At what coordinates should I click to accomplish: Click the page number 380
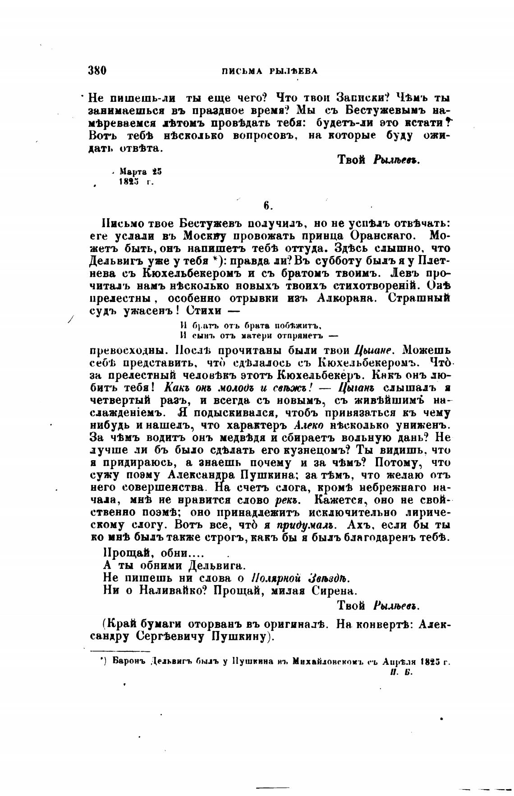tap(97, 70)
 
